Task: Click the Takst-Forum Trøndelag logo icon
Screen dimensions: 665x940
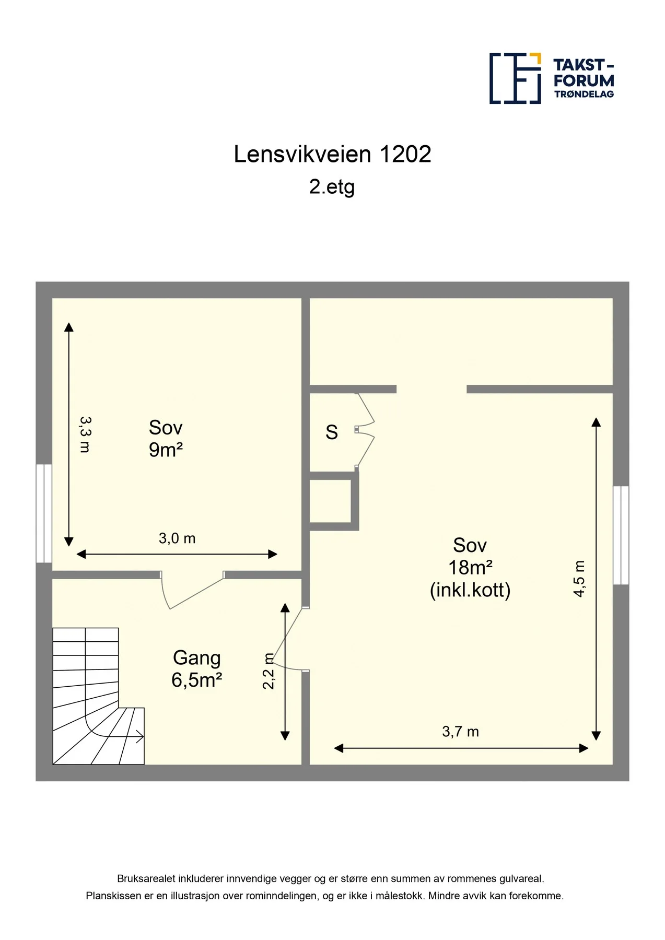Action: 515,78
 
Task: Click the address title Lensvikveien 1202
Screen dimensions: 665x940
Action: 332,155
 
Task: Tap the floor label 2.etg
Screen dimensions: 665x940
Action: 332,187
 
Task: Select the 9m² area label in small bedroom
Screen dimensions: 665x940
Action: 166,450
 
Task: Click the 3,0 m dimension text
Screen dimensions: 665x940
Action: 177,538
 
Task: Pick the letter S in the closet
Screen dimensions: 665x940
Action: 332,432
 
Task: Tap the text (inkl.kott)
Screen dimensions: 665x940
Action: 470,590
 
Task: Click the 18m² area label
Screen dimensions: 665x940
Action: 470,567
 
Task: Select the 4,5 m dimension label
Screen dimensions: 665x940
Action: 579,579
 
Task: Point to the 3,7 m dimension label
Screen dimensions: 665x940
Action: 460,732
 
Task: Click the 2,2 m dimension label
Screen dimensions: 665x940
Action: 269,671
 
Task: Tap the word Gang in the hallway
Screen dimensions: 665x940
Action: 197,659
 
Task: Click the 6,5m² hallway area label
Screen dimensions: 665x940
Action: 197,680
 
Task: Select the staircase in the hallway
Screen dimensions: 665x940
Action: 98,696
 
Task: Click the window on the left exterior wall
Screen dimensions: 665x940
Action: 44,513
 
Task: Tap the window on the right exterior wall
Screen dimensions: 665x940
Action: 621,535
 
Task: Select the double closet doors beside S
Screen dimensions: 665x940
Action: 365,430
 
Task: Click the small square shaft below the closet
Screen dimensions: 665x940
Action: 330,501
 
